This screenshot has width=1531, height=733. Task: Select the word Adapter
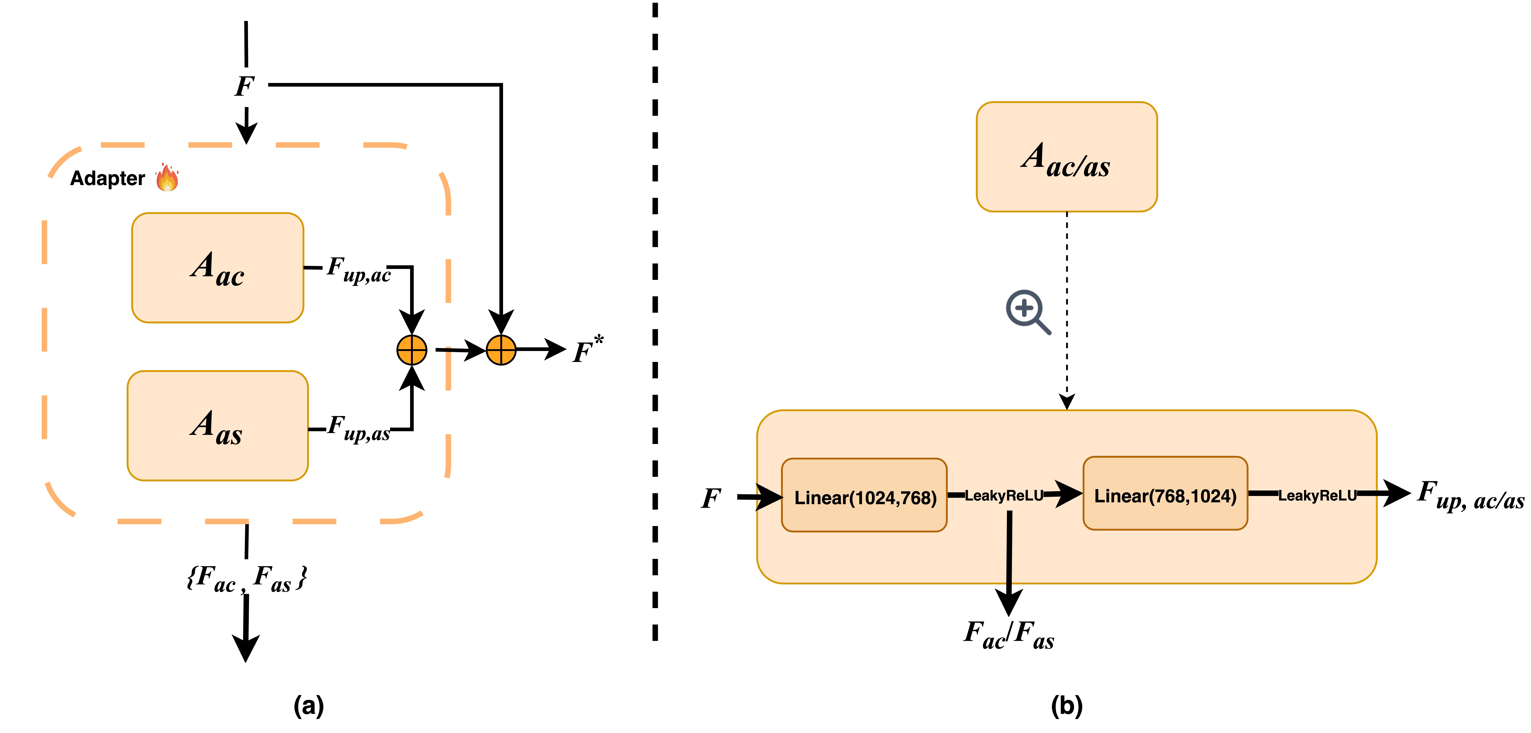pos(108,178)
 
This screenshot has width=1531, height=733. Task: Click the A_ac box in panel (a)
pos(217,267)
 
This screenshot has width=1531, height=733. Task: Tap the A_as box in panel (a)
pos(217,426)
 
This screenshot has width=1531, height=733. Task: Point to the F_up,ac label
pos(358,269)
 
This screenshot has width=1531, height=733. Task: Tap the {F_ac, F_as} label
pos(247,578)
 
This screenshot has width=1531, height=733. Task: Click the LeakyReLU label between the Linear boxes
pos(1004,495)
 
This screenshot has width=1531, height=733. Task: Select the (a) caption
pos(308,706)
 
